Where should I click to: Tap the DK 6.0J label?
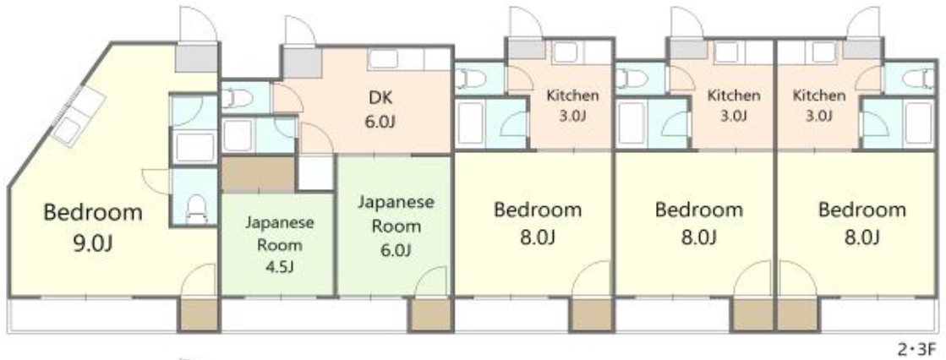tap(380, 109)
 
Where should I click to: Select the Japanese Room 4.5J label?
tap(279, 244)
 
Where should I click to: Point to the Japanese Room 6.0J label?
tap(395, 226)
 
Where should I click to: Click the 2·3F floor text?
tap(917, 348)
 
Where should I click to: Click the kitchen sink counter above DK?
tap(409, 59)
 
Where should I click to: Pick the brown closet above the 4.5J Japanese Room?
tap(258, 174)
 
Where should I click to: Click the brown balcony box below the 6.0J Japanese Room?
tap(430, 314)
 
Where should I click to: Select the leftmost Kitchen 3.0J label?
tap(572, 105)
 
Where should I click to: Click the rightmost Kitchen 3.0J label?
tap(818, 105)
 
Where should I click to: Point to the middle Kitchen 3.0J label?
tap(733, 105)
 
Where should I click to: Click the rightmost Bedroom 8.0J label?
tap(861, 223)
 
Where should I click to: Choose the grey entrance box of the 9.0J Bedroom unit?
tap(197, 58)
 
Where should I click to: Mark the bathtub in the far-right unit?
tap(917, 123)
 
